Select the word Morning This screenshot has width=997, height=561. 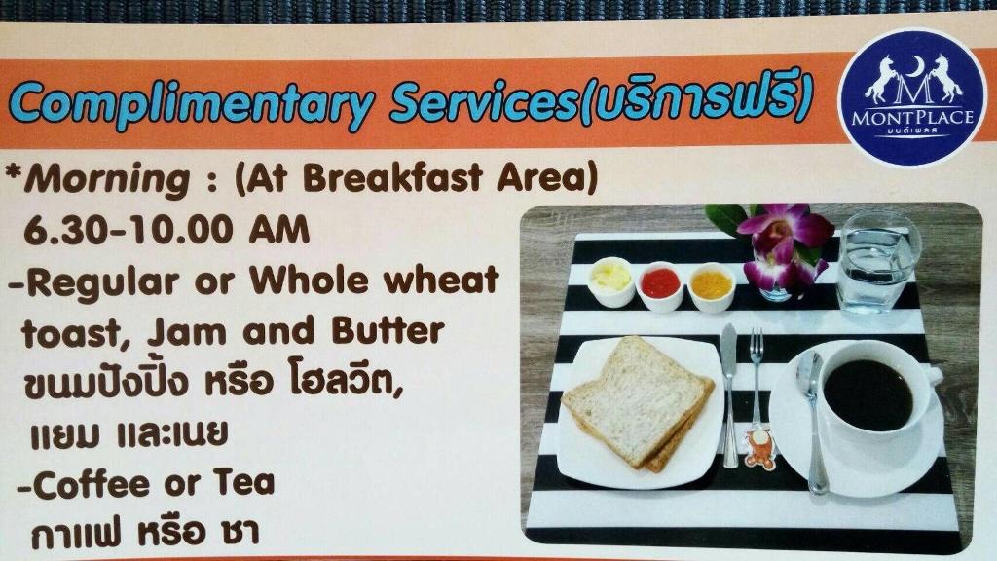(107, 180)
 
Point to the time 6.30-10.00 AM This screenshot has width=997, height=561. (166, 230)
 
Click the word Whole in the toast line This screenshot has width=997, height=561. (309, 280)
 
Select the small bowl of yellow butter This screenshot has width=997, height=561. (610, 281)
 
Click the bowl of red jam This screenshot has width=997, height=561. (660, 285)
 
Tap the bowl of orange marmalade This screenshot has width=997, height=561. (712, 287)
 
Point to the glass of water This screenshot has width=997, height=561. (878, 262)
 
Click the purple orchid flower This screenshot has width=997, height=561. (784, 244)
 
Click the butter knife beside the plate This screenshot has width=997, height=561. (730, 395)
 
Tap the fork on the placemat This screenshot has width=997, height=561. (756, 382)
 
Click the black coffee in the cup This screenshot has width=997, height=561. (868, 394)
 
